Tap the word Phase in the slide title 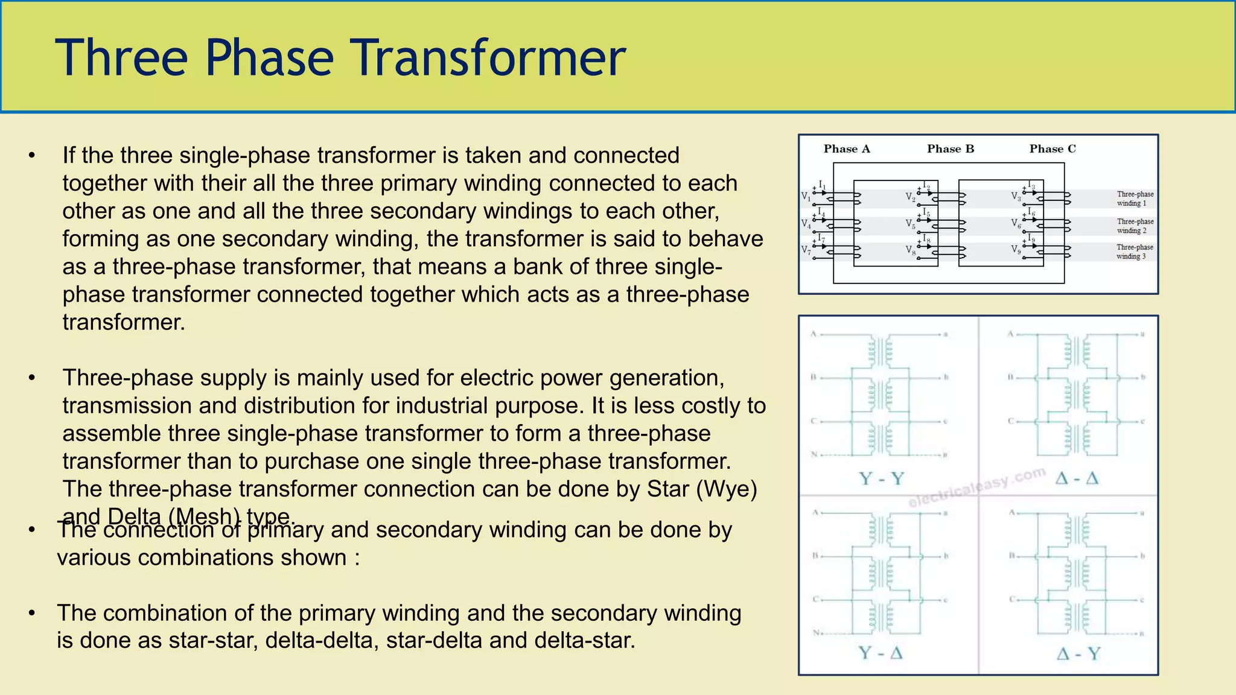click(269, 58)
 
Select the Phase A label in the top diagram click(847, 149)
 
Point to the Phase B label click(951, 149)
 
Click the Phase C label click(1053, 149)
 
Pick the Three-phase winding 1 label click(1135, 198)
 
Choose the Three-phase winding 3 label click(1134, 252)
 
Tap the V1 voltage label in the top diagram click(806, 197)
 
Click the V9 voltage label click(1016, 249)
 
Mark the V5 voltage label click(910, 224)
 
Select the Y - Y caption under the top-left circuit click(881, 479)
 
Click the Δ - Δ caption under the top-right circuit click(1077, 479)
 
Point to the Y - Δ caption click(881, 653)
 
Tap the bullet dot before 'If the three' click(32, 156)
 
